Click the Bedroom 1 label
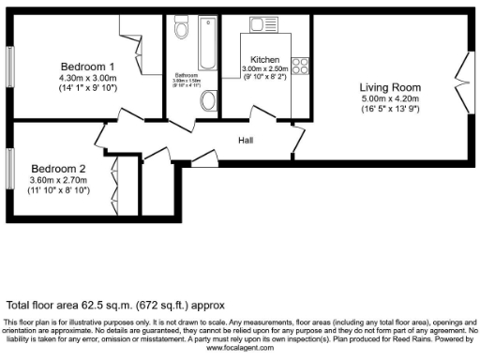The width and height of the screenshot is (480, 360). coord(87,67)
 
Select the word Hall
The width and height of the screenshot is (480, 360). coord(246,141)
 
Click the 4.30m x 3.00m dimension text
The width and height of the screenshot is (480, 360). coord(87,79)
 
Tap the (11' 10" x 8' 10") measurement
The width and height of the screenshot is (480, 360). coord(59,190)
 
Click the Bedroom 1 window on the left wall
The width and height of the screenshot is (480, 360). coord(11,67)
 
